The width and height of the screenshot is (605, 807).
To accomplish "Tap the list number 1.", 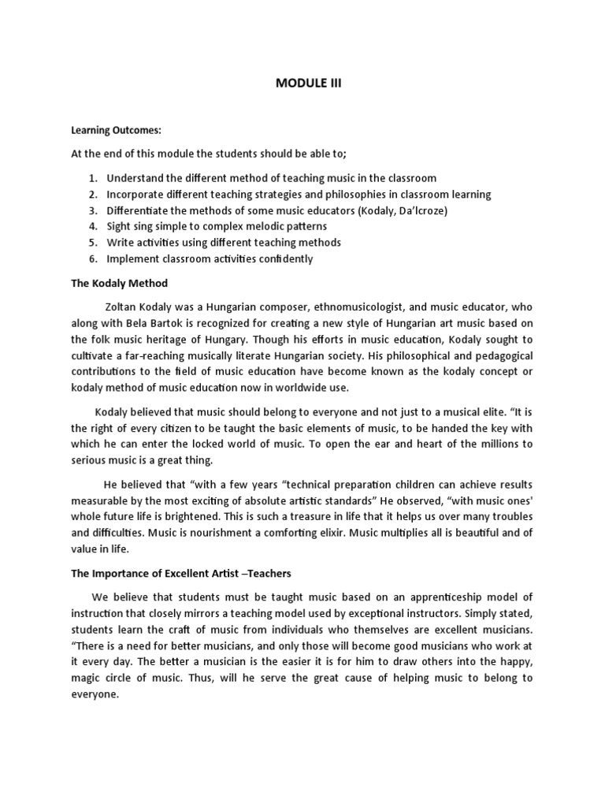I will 92,178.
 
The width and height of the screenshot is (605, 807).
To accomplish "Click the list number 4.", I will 92,226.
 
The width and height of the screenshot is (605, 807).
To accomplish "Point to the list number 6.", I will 92,258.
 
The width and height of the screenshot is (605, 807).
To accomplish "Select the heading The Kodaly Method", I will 118,282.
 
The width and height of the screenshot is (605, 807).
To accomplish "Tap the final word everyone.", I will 94,694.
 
